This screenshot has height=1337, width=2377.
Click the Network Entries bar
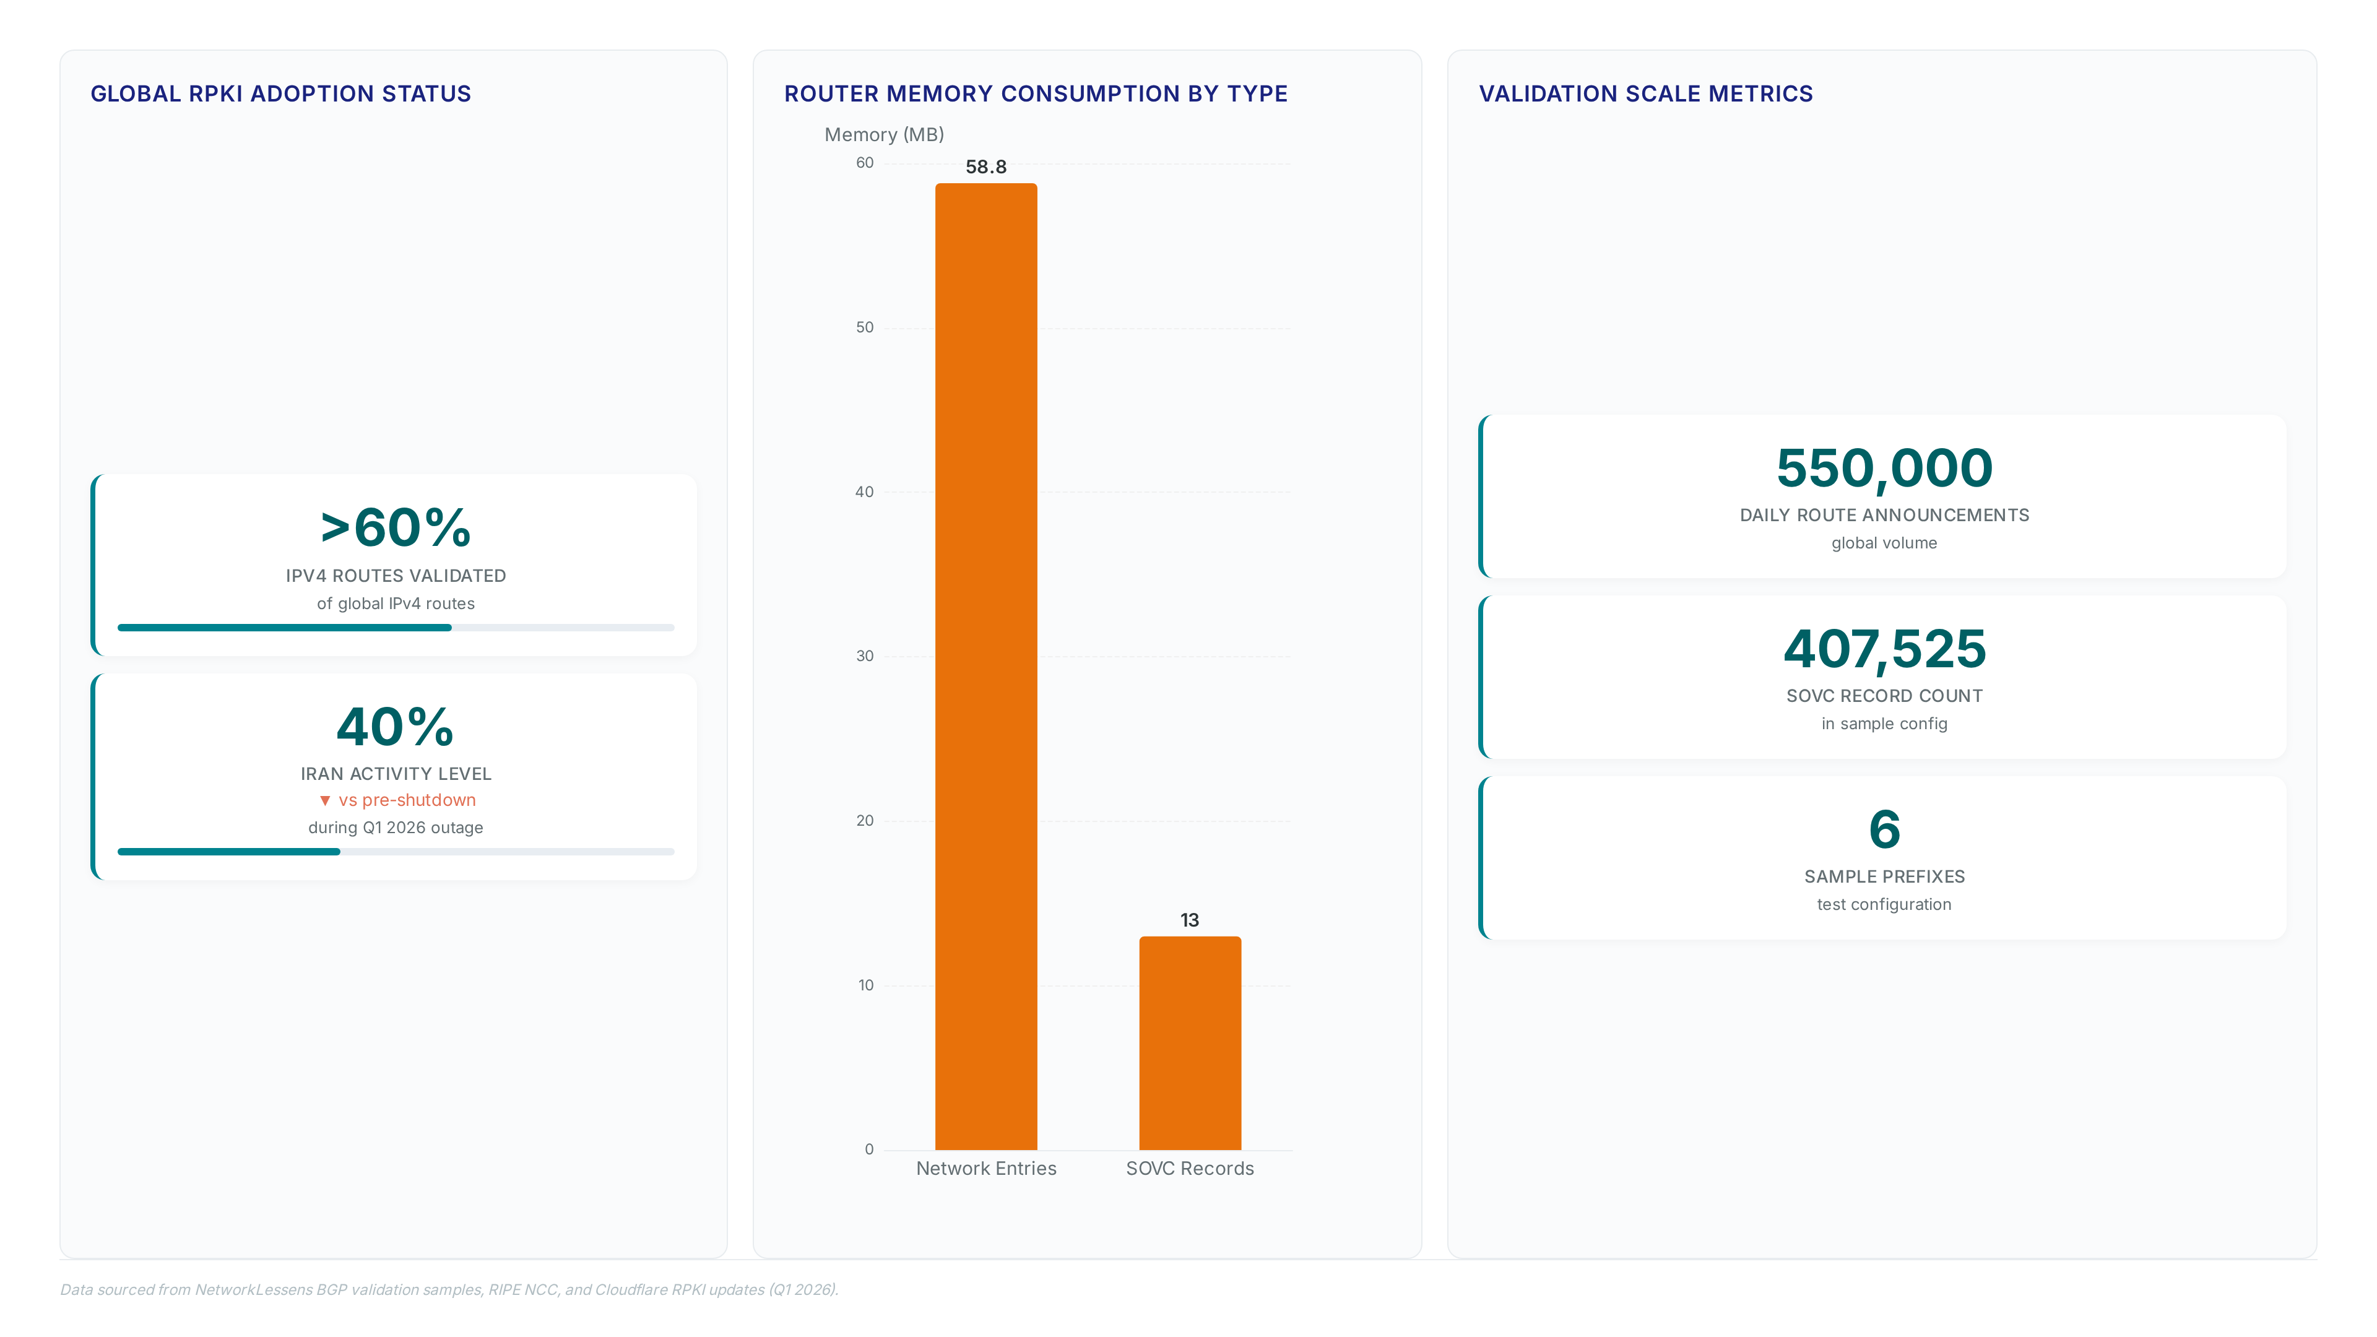(985, 666)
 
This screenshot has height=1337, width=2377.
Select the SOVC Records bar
(1189, 1042)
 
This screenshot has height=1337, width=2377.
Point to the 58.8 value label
(985, 167)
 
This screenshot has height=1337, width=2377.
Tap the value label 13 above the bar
(1189, 920)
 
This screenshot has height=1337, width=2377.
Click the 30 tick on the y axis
(865, 656)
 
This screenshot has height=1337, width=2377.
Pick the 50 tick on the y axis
(865, 327)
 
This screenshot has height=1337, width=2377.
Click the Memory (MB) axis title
(884, 135)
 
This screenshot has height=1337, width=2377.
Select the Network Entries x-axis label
(985, 1168)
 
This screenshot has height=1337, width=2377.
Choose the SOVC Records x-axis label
(1189, 1168)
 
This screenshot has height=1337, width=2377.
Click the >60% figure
(395, 528)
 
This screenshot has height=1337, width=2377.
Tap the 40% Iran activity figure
(395, 727)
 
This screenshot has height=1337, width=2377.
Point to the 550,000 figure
(1884, 468)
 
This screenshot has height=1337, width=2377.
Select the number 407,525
(1884, 649)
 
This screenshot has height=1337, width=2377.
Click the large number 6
(1884, 829)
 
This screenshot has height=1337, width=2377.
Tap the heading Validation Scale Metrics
(1645, 94)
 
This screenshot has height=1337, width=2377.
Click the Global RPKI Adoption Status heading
(280, 94)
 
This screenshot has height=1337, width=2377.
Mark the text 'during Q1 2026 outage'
(395, 828)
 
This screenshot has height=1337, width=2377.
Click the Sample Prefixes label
(1884, 876)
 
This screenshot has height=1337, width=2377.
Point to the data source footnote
(449, 1289)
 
